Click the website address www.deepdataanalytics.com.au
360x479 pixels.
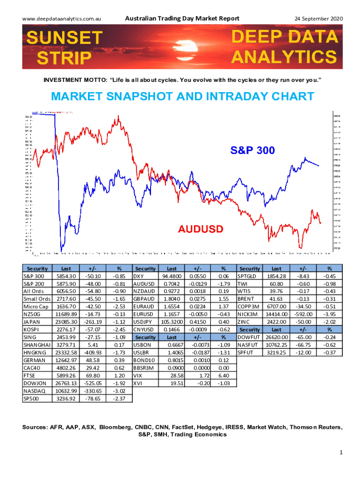coord(63,18)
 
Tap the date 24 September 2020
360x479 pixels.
coord(318,18)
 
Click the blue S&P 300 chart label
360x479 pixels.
coord(252,150)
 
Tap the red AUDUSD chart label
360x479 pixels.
coord(201,229)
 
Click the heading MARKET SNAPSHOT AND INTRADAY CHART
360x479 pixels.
coord(182,97)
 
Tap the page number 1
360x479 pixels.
coord(342,452)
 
